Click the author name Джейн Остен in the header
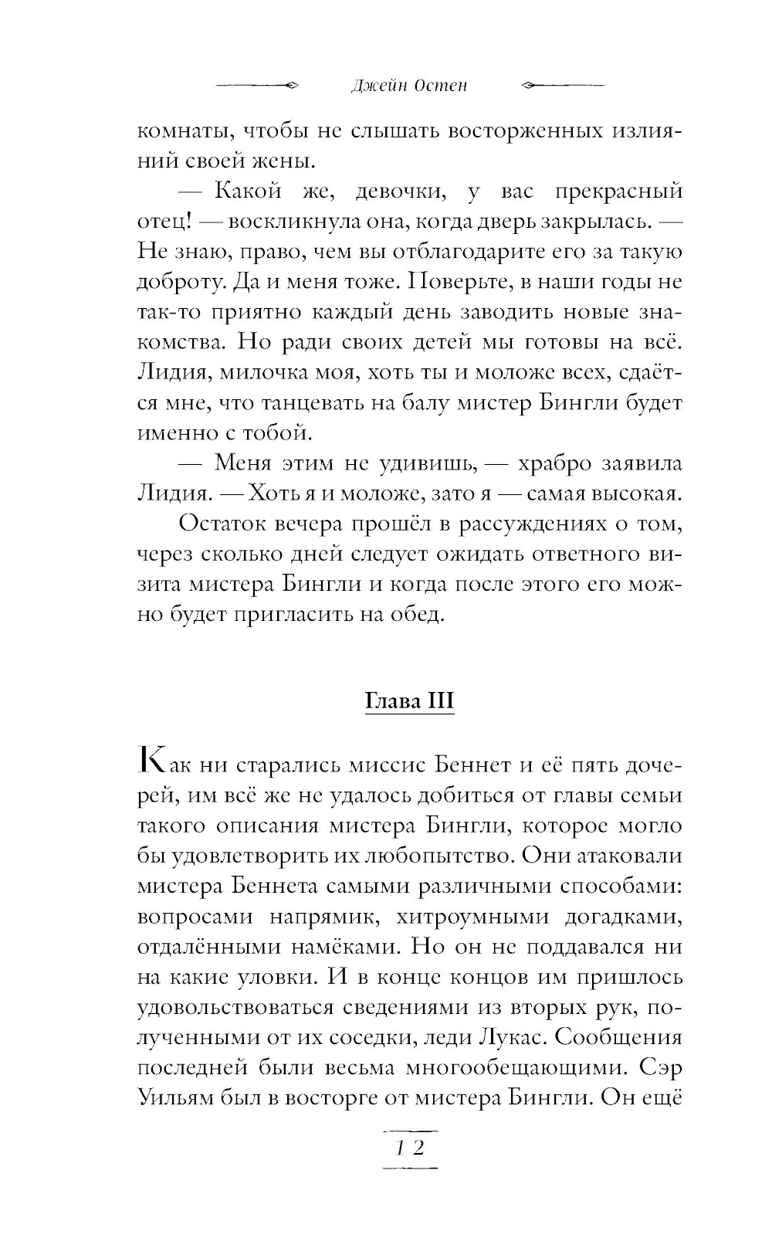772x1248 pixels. pyautogui.click(x=408, y=86)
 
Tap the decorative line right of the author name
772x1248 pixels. pyautogui.click(x=563, y=86)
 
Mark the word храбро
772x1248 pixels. pyautogui.click(x=556, y=463)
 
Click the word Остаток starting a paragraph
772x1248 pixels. pyautogui.click(x=221, y=524)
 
